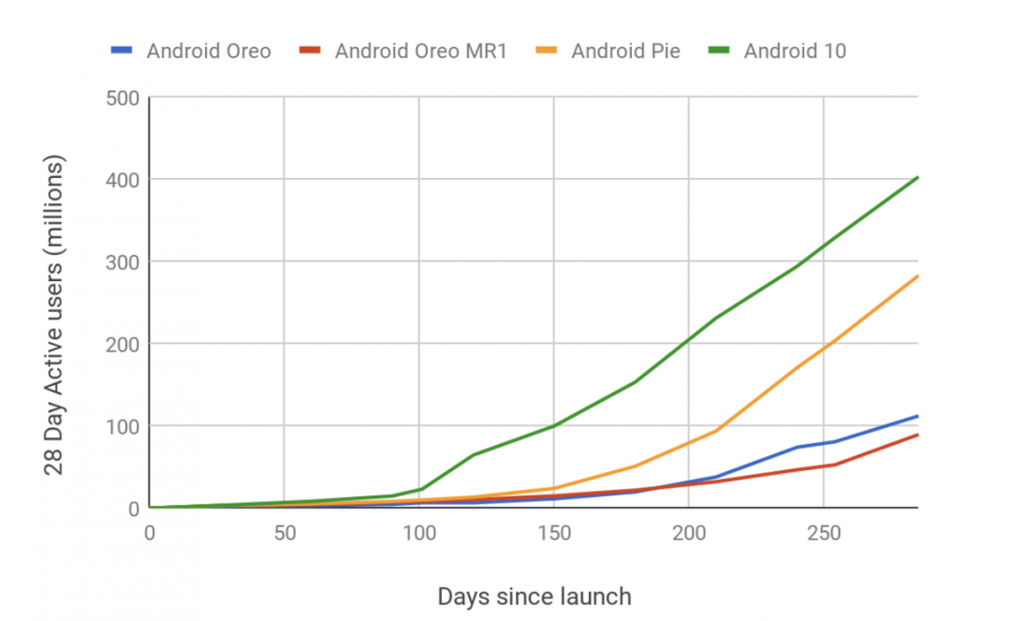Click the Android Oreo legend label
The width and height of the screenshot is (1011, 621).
coord(209,51)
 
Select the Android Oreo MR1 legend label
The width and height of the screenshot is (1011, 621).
coord(420,51)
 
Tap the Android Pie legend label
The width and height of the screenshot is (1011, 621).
coord(625,51)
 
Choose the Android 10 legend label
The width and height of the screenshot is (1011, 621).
coord(795,51)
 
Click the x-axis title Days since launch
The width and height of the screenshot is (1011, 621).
coord(534,596)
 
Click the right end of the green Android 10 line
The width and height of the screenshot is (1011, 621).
coord(917,177)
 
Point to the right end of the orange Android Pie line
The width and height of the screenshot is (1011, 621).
coord(917,276)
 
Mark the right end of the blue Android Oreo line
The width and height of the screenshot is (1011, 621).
coord(917,416)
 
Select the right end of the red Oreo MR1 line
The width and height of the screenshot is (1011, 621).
coord(917,435)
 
